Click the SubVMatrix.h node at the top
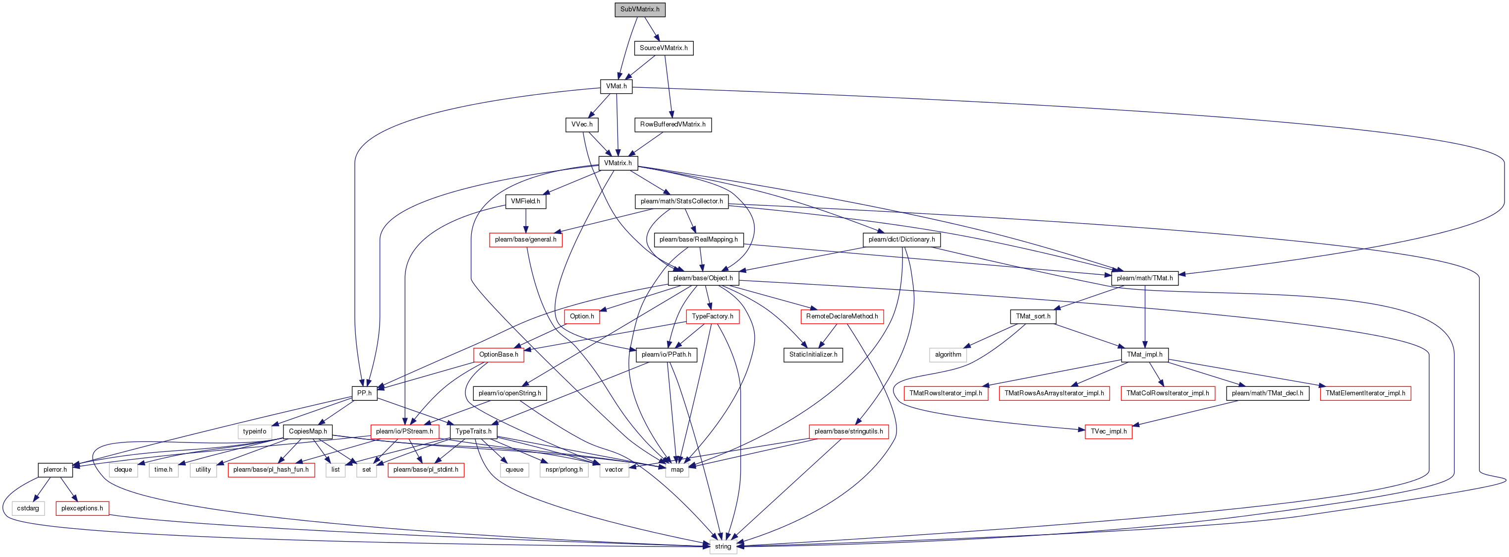point(640,9)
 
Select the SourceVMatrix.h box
point(664,48)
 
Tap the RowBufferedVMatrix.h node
point(672,124)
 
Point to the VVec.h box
point(582,124)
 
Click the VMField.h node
point(525,201)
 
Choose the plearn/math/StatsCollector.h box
point(682,201)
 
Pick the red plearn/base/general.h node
point(525,239)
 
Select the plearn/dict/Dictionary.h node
point(901,239)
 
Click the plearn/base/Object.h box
point(703,278)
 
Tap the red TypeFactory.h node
point(712,316)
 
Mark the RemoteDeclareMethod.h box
point(842,316)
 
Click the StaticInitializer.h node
point(813,354)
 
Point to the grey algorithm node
point(948,354)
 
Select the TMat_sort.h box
point(1033,316)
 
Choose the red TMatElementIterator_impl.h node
point(1365,393)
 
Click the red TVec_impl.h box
point(1108,431)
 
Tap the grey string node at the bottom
point(723,547)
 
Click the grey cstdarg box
point(28,508)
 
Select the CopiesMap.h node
point(308,431)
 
